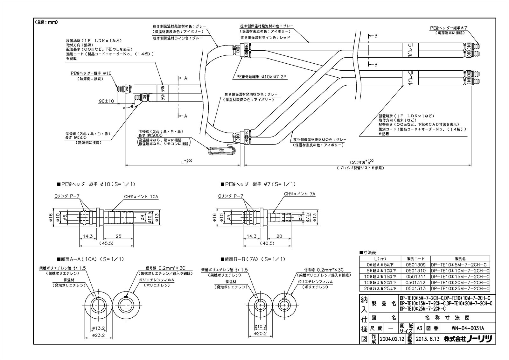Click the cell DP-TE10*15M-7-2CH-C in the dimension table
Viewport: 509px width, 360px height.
pos(460,277)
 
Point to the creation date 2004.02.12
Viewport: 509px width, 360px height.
pos(392,339)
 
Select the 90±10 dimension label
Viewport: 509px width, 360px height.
pos(106,101)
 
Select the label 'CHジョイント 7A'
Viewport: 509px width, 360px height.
pos(299,194)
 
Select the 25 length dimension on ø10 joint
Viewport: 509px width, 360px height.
pos(118,236)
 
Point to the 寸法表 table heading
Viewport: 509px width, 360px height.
pos(369,252)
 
